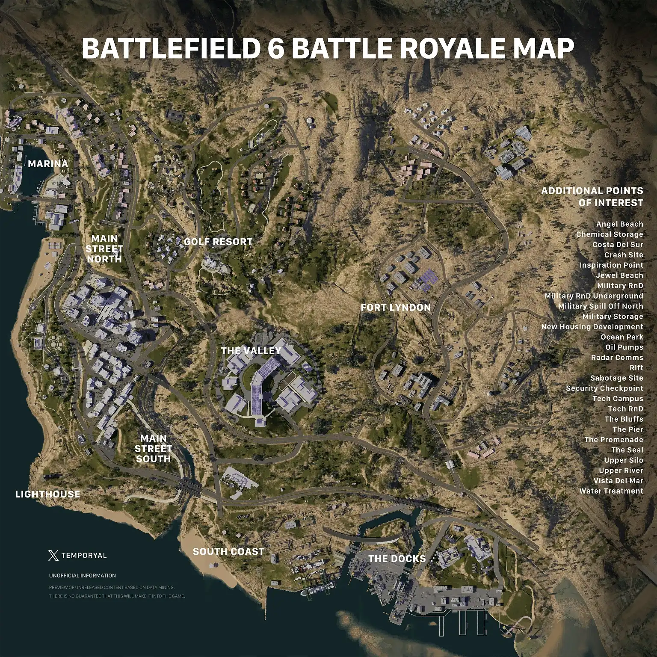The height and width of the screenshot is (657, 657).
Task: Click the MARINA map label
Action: pyautogui.click(x=48, y=164)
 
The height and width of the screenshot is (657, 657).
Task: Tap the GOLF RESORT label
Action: pyautogui.click(x=218, y=242)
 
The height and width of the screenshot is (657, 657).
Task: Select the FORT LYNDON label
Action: pyautogui.click(x=395, y=308)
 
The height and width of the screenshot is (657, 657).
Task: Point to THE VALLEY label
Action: pyautogui.click(x=251, y=351)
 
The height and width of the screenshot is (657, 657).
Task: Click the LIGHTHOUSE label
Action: pyautogui.click(x=47, y=494)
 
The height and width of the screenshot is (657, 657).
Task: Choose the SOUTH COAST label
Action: pyautogui.click(x=228, y=551)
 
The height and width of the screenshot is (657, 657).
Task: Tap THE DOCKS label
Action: pyautogui.click(x=397, y=559)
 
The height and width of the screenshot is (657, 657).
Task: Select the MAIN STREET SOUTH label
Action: pyautogui.click(x=153, y=449)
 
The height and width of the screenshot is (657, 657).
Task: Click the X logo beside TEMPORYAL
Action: pyautogui.click(x=53, y=556)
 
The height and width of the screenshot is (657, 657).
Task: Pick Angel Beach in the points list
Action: pyautogui.click(x=619, y=224)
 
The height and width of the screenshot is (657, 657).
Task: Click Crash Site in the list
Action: pyautogui.click(x=623, y=255)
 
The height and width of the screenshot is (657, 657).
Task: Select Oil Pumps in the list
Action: pyautogui.click(x=624, y=347)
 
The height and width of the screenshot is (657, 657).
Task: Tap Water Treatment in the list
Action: pyautogui.click(x=611, y=491)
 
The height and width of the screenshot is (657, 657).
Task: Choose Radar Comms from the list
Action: pyautogui.click(x=617, y=358)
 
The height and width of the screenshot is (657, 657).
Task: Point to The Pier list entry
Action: pyautogui.click(x=627, y=429)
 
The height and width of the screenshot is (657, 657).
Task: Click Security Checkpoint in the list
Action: pyautogui.click(x=604, y=388)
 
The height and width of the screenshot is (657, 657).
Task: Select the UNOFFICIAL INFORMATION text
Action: pyautogui.click(x=83, y=576)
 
